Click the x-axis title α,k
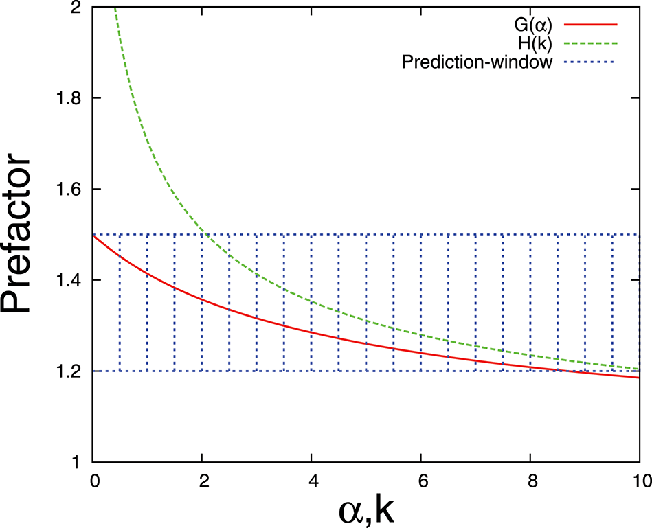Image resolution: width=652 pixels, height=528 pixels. click(368, 509)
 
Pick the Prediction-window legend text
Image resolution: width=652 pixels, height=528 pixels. click(477, 65)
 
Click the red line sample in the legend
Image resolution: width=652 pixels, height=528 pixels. click(591, 25)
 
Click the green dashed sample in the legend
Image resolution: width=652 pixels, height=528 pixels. click(591, 45)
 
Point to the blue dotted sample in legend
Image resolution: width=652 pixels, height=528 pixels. click(591, 65)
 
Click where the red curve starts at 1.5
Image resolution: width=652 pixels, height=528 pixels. click(93, 235)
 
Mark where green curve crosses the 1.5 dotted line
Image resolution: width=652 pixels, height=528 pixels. click(206, 235)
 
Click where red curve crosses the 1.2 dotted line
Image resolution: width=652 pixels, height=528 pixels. click(560, 371)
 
